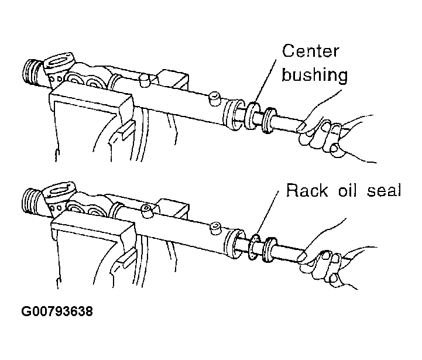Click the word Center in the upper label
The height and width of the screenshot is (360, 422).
(310, 51)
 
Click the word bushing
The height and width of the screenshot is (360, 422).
(315, 74)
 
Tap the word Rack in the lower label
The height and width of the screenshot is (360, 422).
(307, 190)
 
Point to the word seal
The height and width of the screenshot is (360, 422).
(384, 190)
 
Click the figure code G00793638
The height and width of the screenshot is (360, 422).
(57, 311)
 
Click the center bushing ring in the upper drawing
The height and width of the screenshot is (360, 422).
(252, 115)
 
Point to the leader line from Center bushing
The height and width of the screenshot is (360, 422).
(265, 81)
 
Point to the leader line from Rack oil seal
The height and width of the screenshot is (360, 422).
(267, 212)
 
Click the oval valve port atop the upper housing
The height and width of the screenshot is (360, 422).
(59, 61)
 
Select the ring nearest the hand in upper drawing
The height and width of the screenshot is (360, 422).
(269, 121)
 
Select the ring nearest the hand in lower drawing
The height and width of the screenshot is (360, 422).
(270, 249)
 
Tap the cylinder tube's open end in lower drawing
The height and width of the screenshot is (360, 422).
(234, 243)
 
